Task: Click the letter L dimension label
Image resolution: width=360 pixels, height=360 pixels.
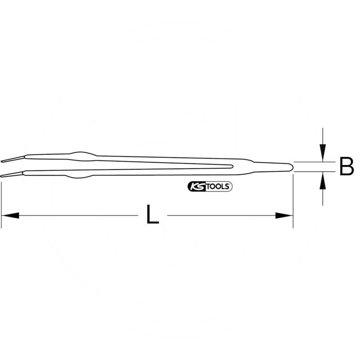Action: [x=153, y=215]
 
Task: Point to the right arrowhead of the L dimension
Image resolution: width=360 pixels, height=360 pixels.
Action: [x=285, y=216]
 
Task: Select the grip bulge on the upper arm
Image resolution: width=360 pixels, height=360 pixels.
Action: [x=81, y=154]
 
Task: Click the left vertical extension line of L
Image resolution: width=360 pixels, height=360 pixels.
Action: [x=1, y=202]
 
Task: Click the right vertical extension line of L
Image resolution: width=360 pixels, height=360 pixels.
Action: [x=293, y=202]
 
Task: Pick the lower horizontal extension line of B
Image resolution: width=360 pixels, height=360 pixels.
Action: [x=315, y=172]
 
